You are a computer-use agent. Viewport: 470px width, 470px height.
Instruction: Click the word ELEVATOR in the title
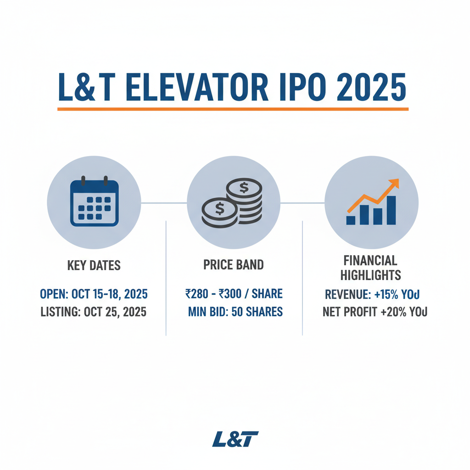pos(197,87)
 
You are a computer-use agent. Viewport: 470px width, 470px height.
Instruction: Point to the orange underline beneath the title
pos(233,109)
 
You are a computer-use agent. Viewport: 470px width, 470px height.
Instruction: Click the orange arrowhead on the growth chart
pos(394,184)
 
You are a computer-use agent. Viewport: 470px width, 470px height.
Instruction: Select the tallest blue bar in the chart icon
pos(392,210)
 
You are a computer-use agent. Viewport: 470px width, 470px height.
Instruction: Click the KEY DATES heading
pos(94,265)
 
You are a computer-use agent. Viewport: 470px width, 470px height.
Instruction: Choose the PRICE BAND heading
pos(234,265)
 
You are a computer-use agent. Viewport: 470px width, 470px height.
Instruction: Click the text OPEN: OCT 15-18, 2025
pos(94,294)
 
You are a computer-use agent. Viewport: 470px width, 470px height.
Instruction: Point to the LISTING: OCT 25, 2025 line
pos(94,313)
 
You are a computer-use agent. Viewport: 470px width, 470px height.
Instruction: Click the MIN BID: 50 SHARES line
pos(235,313)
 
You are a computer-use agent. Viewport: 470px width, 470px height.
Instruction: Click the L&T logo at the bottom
pos(235,439)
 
